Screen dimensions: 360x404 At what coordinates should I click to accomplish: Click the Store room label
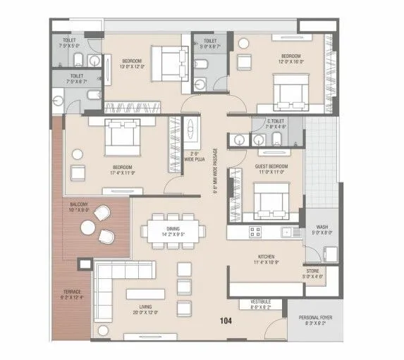pyautogui.click(x=312, y=273)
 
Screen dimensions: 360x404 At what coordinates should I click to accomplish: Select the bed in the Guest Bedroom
pyautogui.click(x=267, y=199)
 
